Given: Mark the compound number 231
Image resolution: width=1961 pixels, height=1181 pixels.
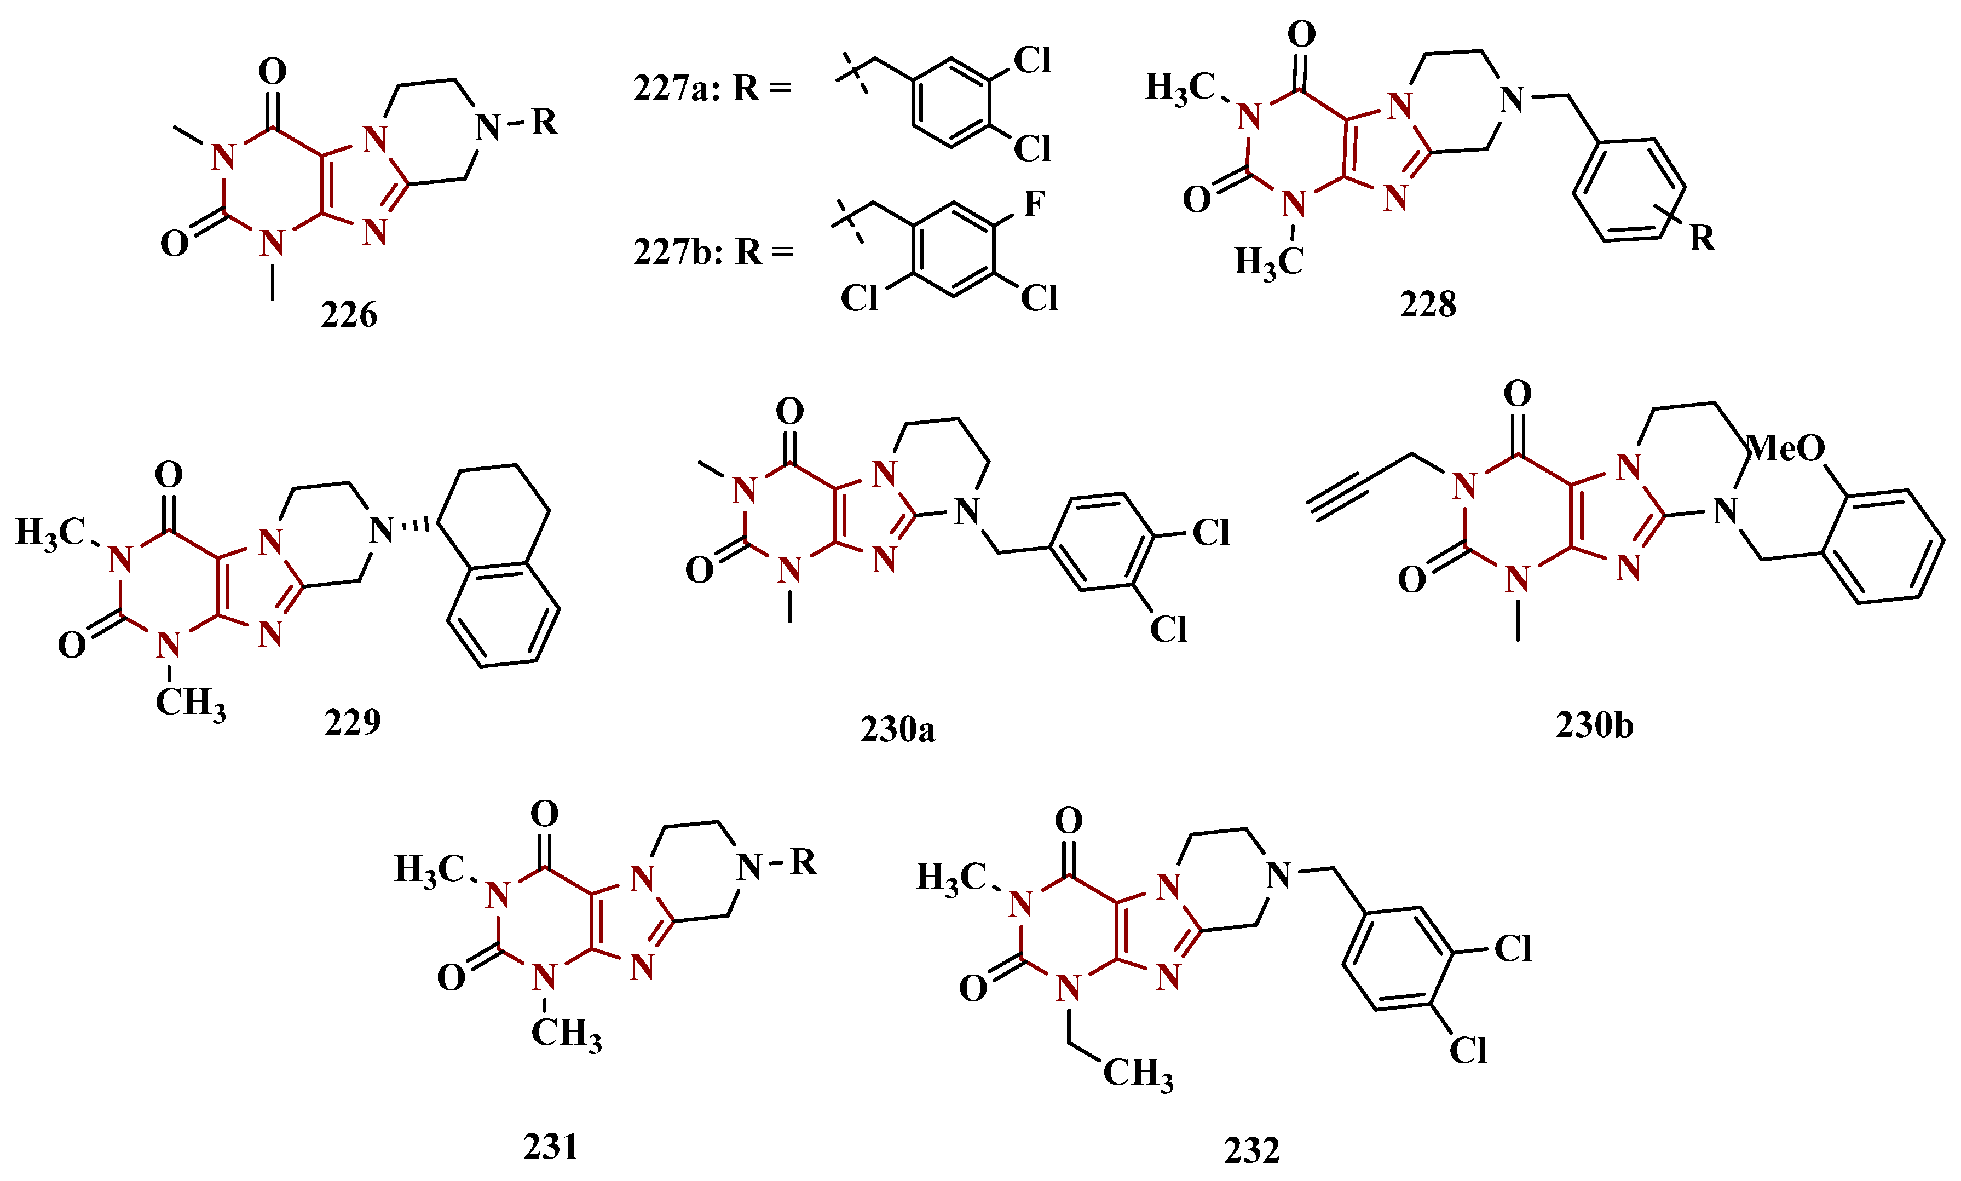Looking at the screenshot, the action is [550, 1147].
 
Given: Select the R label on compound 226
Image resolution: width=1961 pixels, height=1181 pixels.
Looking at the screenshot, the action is [544, 123].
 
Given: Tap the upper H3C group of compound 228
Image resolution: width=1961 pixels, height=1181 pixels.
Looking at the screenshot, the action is [1180, 88].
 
